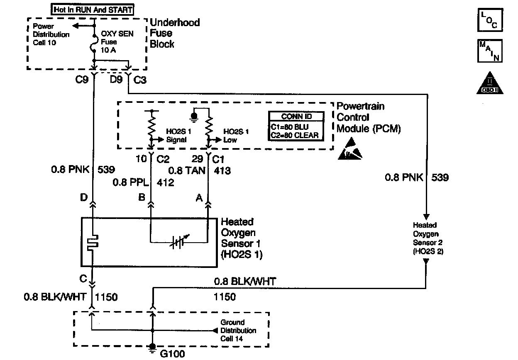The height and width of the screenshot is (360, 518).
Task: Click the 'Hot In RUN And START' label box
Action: coord(92,10)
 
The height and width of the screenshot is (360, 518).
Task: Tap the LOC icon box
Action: coord(490,20)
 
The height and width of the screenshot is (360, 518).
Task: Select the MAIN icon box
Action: coord(490,51)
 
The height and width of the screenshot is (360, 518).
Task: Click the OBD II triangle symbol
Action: coord(490,83)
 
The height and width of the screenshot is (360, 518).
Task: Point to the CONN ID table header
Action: coord(296,116)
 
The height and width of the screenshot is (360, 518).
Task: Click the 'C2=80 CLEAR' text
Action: coord(295,135)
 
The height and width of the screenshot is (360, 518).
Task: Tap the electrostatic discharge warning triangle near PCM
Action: coord(350,148)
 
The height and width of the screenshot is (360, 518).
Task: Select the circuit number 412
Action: coord(165,182)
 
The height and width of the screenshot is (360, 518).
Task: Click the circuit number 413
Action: coord(222,171)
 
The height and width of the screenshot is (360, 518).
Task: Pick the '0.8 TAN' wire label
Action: coord(187,171)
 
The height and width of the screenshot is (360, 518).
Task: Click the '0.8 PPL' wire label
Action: coord(131,182)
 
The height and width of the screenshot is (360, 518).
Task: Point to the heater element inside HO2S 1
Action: coord(93,243)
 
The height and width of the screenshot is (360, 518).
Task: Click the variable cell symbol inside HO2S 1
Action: coord(179,242)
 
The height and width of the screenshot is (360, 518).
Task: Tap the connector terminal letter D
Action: coord(84,197)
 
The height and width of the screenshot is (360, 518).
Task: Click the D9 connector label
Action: coord(116,80)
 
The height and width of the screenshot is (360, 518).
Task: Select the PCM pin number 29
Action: coord(197,159)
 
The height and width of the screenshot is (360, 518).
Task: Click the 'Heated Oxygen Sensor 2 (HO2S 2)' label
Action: coord(428,238)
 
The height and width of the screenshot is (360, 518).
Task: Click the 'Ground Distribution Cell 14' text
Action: coord(238,331)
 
